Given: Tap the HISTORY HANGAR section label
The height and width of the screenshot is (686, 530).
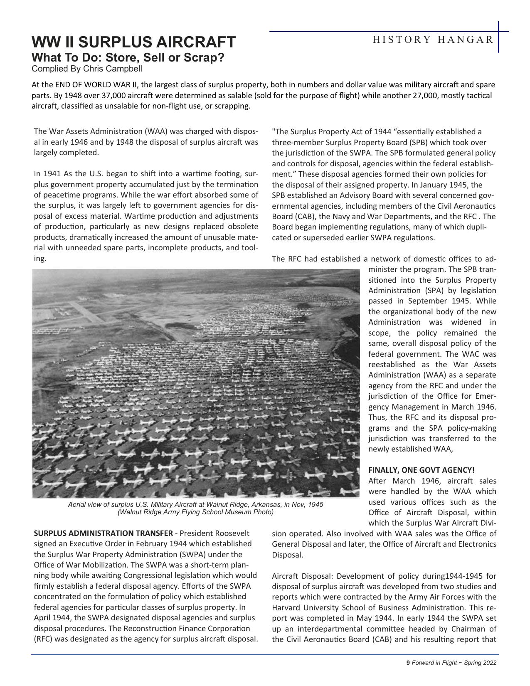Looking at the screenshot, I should coord(433,40).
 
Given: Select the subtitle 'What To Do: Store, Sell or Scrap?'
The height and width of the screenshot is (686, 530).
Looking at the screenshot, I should coord(128,57).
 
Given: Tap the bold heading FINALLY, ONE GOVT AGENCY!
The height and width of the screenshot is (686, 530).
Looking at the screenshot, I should coord(421,470).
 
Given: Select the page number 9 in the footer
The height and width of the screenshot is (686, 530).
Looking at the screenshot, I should coord(408,663).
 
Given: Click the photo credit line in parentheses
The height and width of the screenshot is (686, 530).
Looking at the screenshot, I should coord(195,512).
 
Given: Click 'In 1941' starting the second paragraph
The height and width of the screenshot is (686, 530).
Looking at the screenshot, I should coord(47,174).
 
